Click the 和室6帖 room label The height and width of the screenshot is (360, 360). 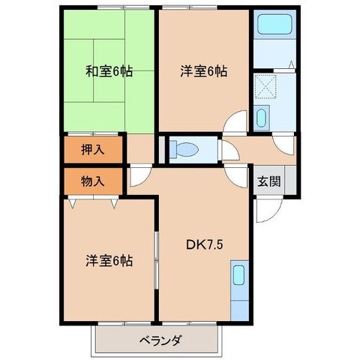(x=109, y=71)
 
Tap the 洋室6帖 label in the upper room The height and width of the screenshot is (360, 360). (x=204, y=71)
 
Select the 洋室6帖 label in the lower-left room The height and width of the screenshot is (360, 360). (x=109, y=261)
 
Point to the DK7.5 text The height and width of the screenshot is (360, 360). (x=204, y=245)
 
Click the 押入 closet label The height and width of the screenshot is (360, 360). (x=93, y=149)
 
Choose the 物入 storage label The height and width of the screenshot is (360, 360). (x=93, y=181)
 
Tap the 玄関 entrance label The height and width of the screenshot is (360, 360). (x=269, y=181)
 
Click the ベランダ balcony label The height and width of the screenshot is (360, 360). (x=160, y=340)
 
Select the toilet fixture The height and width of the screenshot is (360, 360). (x=184, y=149)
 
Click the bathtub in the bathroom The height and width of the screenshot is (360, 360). (x=274, y=24)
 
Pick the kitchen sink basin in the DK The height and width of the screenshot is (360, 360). (x=238, y=275)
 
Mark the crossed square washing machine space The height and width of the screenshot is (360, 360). (x=265, y=85)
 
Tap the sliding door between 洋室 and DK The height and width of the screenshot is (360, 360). (x=157, y=260)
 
